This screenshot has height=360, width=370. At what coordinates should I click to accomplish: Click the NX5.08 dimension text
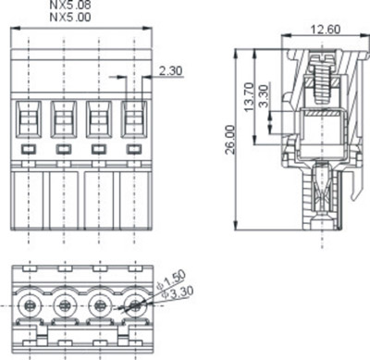70,5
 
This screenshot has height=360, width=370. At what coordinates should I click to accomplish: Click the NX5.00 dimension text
70,17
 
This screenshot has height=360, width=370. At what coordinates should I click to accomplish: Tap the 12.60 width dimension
325,30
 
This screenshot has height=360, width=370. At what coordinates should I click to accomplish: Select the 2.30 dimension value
170,71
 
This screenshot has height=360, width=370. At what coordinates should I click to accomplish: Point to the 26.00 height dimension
230,140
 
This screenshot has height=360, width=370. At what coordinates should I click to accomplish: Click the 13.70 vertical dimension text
249,97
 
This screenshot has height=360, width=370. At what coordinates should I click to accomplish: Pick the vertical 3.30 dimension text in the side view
264,96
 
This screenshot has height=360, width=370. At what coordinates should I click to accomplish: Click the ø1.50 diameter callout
171,279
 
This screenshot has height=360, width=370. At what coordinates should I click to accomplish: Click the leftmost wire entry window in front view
29,119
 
